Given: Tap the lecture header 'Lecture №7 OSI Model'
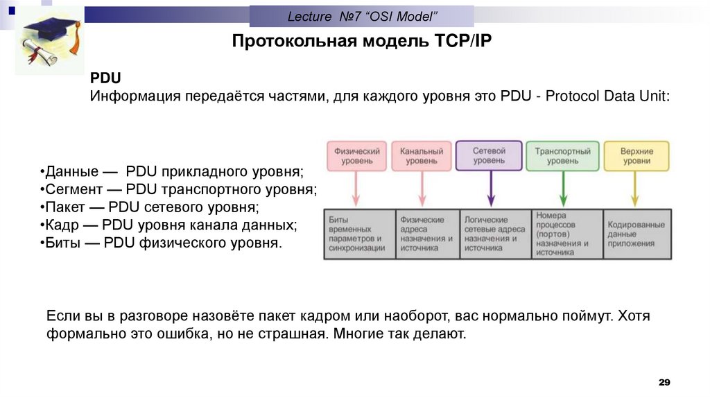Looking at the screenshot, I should tap(361, 15).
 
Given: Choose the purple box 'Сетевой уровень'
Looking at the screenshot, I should tap(489, 155).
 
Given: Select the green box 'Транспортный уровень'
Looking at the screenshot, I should tap(562, 155).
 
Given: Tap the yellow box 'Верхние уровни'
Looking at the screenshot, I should tap(636, 155).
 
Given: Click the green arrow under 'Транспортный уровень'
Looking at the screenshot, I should tap(563, 188).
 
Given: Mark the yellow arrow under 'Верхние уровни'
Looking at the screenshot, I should tap(636, 188).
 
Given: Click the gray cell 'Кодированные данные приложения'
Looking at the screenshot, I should tap(637, 234).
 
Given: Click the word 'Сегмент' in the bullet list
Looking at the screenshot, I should tap(69, 189).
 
